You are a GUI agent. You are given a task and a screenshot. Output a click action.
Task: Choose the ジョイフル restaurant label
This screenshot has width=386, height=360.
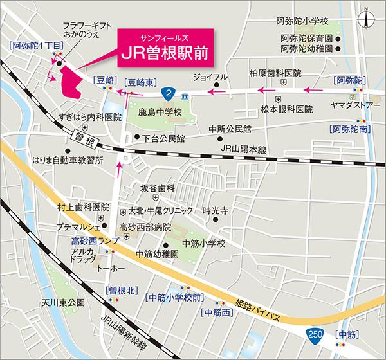point(201,77)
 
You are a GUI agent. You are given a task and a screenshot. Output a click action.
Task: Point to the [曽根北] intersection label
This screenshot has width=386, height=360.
point(120,291)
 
